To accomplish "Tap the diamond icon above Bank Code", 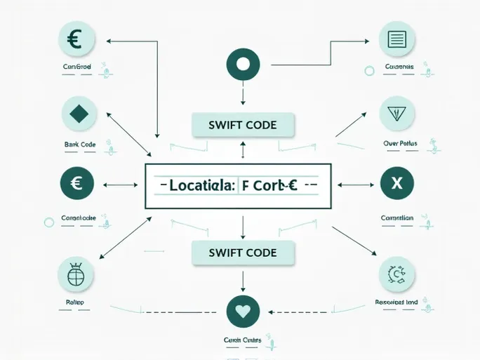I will (79, 113).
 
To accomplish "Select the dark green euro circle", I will (78, 185).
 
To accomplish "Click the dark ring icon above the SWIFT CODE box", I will (244, 65).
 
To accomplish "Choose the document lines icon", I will (396, 39).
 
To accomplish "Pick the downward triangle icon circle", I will (396, 113).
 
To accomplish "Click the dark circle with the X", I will (396, 185).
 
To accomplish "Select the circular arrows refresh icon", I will (396, 274).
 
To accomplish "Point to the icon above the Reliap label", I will (76, 275).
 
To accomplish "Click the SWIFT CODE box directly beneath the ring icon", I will (243, 126).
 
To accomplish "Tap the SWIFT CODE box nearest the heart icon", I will (243, 253).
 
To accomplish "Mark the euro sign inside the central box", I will (289, 186).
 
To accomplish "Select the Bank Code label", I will (79, 145).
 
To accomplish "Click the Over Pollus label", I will (401, 144).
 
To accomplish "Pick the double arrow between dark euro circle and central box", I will (121, 185).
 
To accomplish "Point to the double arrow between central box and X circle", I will (356, 185).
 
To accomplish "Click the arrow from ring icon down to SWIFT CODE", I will (243, 95).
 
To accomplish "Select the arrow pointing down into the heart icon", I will (243, 281).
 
